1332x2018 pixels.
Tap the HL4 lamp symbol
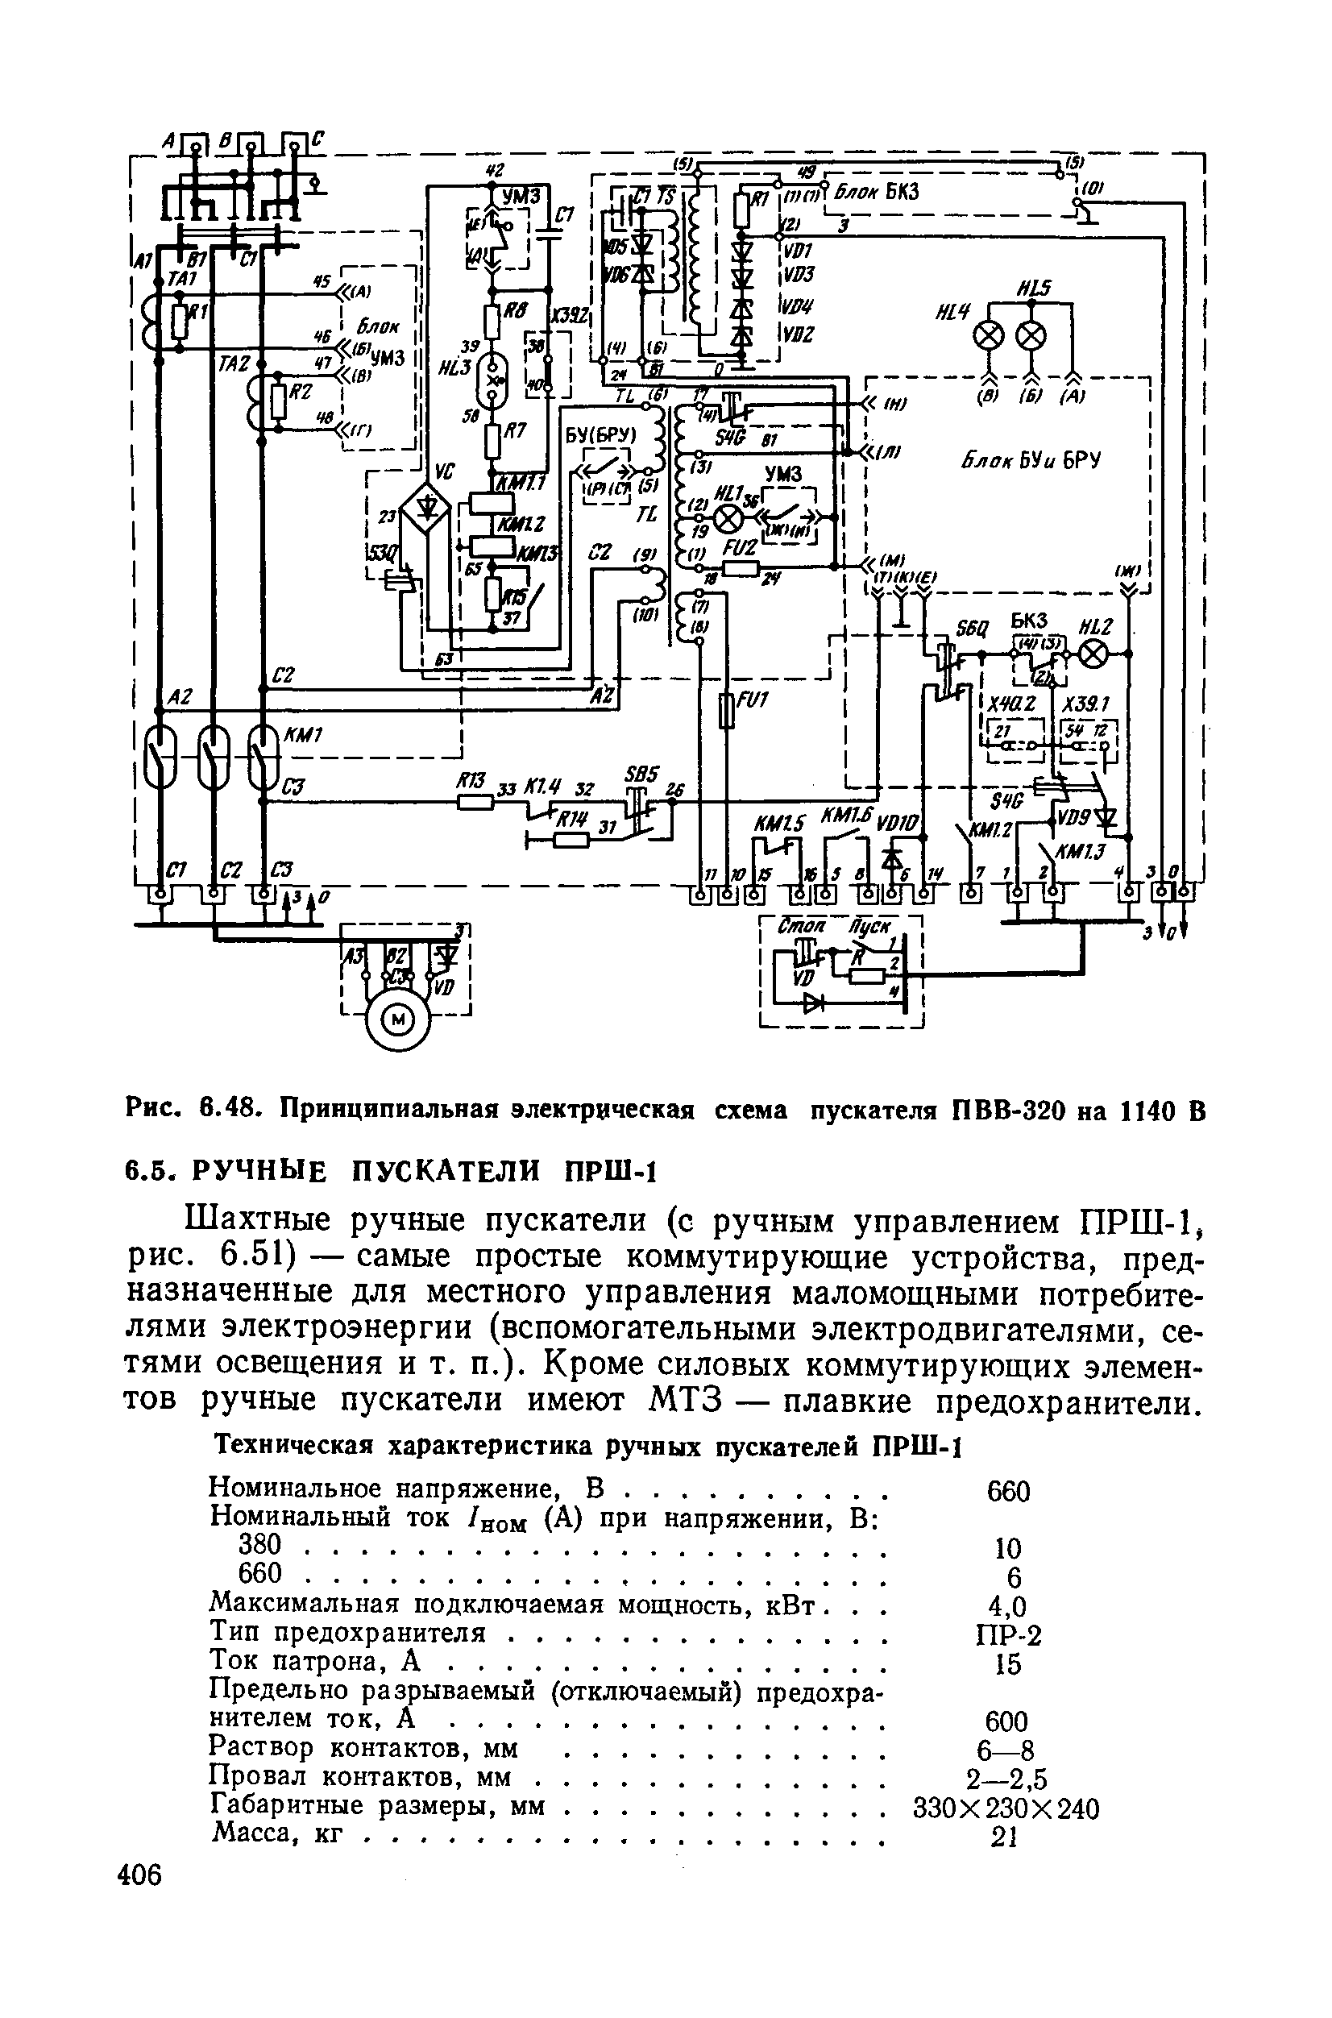(x=988, y=335)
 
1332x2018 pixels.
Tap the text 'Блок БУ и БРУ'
(x=1031, y=460)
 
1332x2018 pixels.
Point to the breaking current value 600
(x=1007, y=1722)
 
